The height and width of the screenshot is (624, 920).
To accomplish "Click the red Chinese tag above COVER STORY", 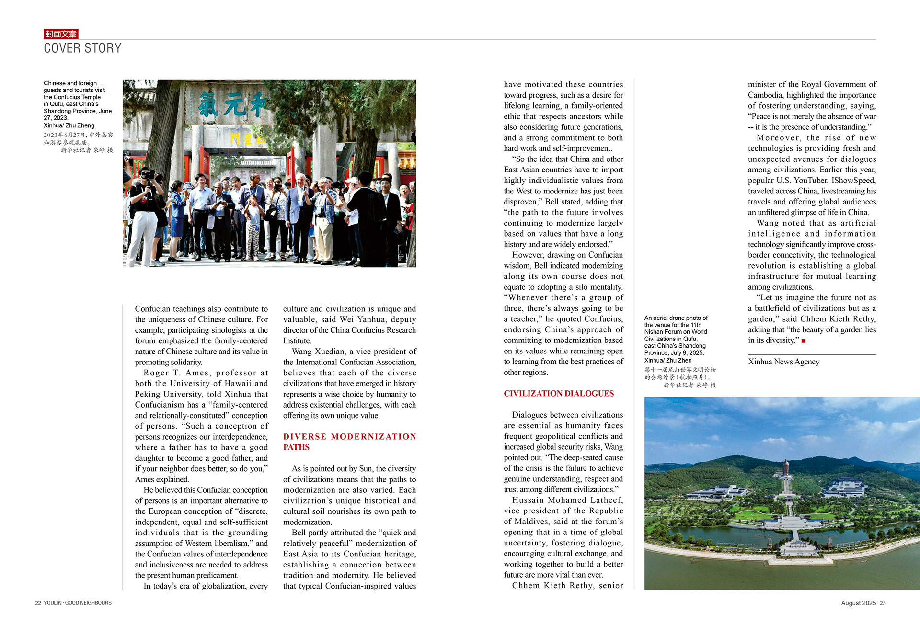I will click(61, 34).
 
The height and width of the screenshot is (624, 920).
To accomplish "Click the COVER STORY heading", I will click(82, 48).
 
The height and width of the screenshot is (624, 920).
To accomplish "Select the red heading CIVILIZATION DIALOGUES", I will click(558, 394).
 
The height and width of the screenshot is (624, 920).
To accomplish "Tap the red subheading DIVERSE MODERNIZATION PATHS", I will click(349, 442).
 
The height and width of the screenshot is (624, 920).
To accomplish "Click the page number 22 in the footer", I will click(38, 603).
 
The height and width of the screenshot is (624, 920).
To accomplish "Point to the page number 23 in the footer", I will click(883, 603).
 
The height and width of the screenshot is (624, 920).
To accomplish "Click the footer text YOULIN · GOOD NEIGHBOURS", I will click(78, 603).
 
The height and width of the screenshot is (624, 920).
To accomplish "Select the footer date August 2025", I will click(858, 603).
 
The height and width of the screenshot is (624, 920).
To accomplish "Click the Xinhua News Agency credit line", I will click(783, 362).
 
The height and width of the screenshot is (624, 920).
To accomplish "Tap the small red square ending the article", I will click(804, 341).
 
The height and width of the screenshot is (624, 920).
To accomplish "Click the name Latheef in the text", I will click(607, 500).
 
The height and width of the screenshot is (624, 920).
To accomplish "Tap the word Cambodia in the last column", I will click(765, 95).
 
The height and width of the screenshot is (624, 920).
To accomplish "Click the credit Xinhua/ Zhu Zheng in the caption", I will click(69, 125).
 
